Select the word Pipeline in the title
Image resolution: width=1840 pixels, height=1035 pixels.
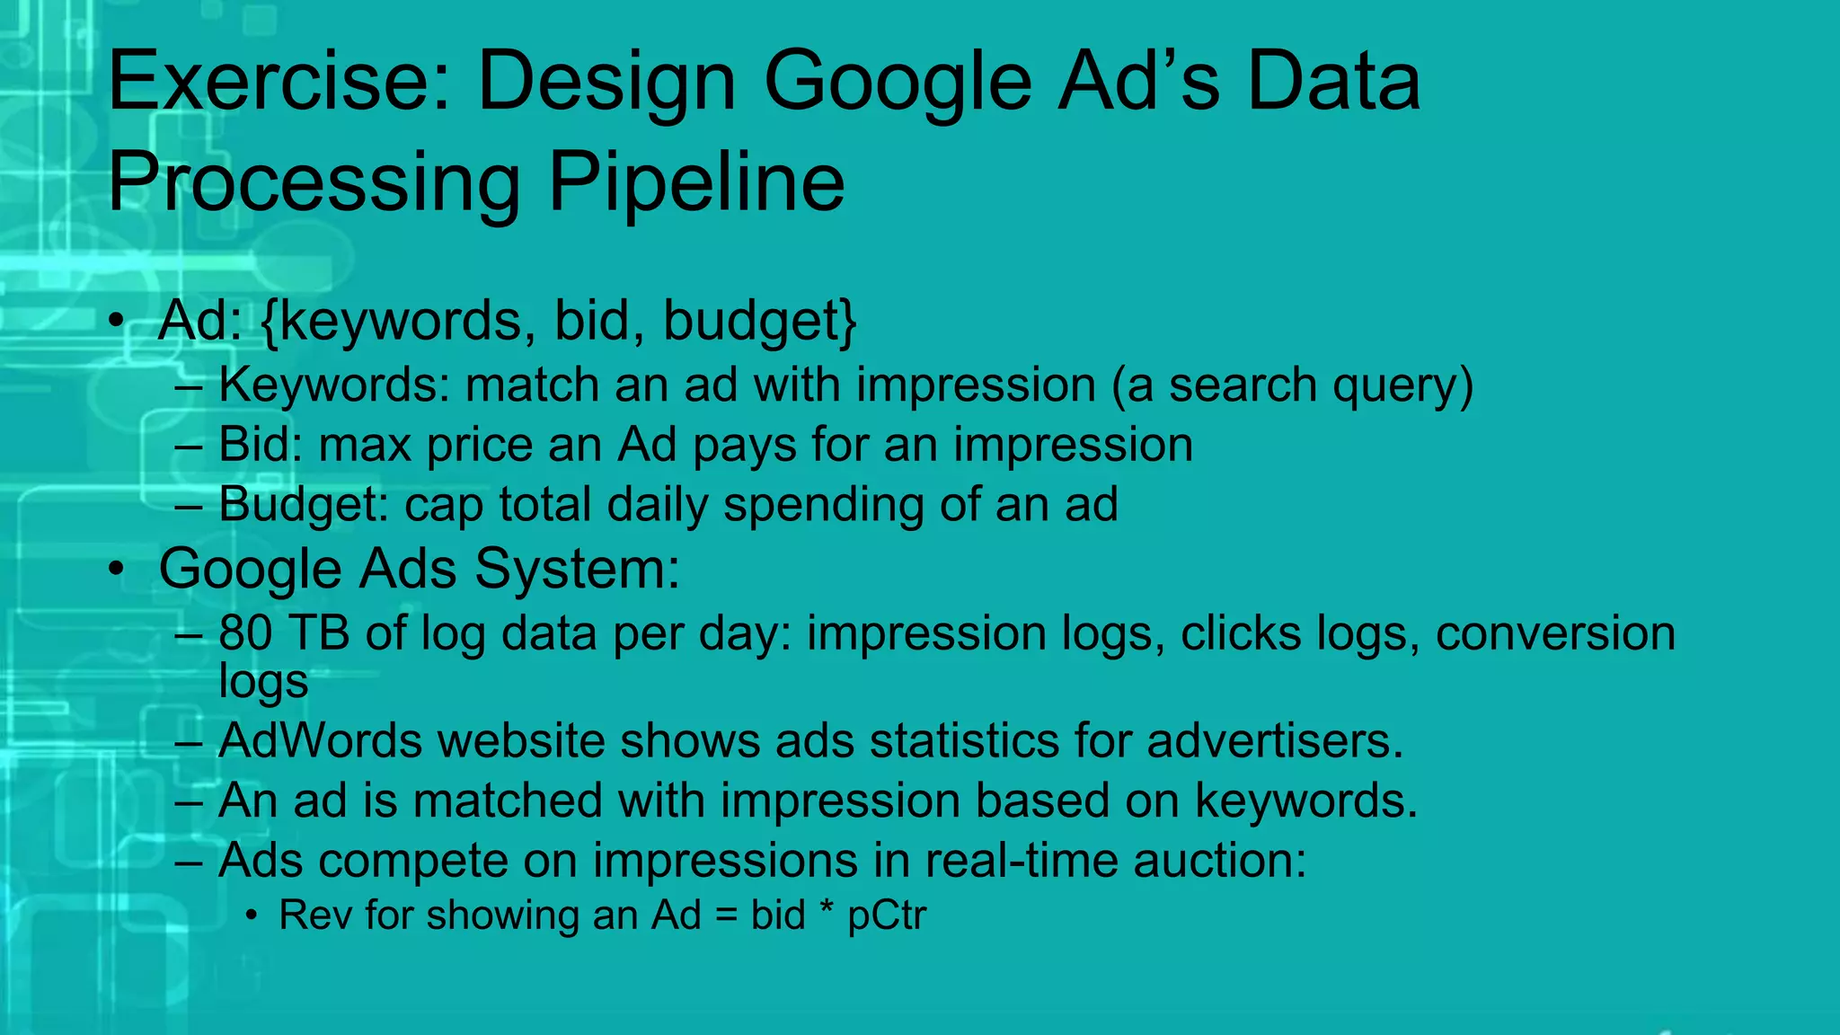pos(696,183)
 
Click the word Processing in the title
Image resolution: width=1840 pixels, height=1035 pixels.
pos(314,183)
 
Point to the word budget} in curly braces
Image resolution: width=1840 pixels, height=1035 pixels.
pos(760,321)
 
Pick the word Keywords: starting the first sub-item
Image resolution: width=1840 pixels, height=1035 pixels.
pos(333,385)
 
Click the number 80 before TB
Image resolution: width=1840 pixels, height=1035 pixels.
pos(245,633)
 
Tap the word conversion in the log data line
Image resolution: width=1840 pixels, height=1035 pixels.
pos(1555,633)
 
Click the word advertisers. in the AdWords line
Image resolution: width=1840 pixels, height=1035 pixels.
pos(1274,741)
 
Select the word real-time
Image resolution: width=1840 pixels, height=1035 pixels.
pos(1021,861)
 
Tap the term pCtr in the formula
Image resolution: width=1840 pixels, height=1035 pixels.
pos(886,916)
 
